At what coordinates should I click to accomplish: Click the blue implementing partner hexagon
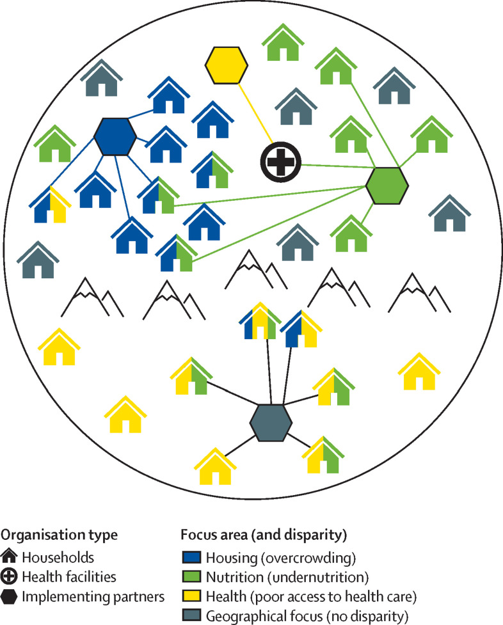coord(115,136)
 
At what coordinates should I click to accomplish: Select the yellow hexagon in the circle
coord(226,65)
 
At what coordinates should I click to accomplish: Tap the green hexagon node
coord(387,185)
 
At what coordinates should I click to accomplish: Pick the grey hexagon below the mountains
coord(271,423)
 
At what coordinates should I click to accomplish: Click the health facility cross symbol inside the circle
coord(280,162)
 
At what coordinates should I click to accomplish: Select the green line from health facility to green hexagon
coord(333,169)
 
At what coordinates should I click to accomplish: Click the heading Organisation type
coord(60,535)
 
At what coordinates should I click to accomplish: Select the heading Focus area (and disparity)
coord(251,535)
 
